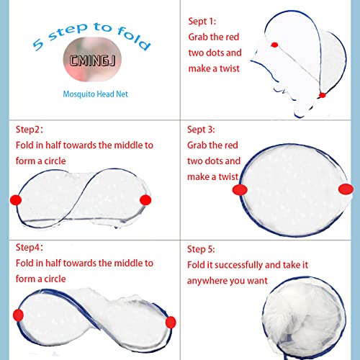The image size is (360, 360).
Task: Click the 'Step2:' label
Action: tap(30, 130)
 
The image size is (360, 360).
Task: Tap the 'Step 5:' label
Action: tap(202, 249)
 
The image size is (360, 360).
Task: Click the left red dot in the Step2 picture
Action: tap(17, 199)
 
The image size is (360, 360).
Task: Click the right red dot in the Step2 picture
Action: tap(145, 199)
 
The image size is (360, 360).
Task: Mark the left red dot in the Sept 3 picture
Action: tap(240, 189)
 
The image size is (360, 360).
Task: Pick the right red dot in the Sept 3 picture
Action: tap(346, 189)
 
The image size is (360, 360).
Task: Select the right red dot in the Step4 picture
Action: tap(171, 320)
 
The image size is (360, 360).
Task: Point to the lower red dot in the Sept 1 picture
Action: tap(322, 95)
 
